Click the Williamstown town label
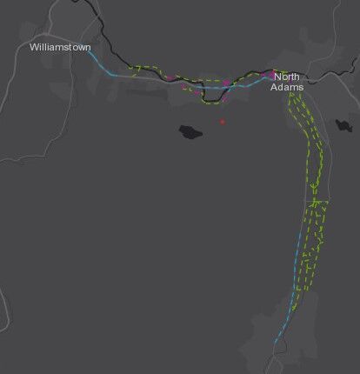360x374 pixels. click(60, 45)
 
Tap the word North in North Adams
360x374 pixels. click(286, 77)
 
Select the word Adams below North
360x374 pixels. click(286, 87)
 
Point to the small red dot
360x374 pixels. click(222, 122)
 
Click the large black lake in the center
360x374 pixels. click(190, 132)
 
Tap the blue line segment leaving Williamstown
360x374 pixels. click(100, 63)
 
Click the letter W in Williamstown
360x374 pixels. click(34, 45)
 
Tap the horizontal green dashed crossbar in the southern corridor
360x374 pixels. click(317, 203)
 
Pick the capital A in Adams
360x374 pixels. click(275, 87)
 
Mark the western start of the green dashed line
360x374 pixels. click(129, 66)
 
